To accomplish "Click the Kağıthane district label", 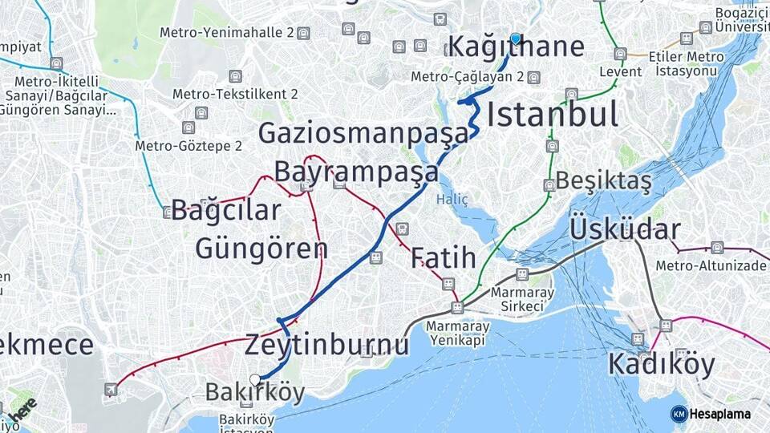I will (516, 48).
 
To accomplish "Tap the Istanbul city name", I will (553, 115).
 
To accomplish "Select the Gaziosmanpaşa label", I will (363, 133).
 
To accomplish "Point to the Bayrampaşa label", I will (356, 172).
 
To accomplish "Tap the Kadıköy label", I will (661, 364).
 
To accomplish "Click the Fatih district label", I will (443, 258).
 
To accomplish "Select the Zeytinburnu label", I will (326, 345).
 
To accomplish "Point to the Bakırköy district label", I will (255, 393).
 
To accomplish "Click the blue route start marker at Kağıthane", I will (515, 38).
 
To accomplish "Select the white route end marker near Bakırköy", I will (255, 379).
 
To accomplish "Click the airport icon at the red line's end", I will (111, 390).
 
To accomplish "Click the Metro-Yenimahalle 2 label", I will (227, 33).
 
